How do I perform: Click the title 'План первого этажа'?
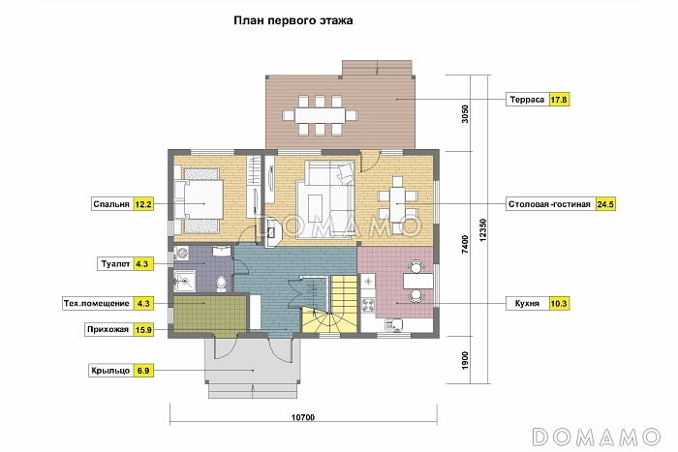[293, 20]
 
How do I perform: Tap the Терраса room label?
[527, 100]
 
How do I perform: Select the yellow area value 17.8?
[559, 100]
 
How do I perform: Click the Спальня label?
[111, 204]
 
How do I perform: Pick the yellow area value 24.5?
[605, 204]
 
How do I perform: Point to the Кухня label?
[527, 303]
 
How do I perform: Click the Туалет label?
[115, 263]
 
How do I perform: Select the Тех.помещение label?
[97, 303]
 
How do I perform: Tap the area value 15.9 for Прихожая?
[143, 330]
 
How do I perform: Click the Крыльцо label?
[110, 371]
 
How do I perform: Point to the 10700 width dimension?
[303, 417]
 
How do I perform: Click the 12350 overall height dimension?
[483, 230]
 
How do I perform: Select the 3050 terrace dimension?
[465, 114]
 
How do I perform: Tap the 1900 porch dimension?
[465, 360]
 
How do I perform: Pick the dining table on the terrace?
[320, 115]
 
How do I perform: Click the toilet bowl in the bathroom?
[222, 283]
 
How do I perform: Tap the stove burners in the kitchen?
[368, 305]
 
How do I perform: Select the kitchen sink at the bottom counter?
[394, 324]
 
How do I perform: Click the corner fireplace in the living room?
[272, 232]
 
